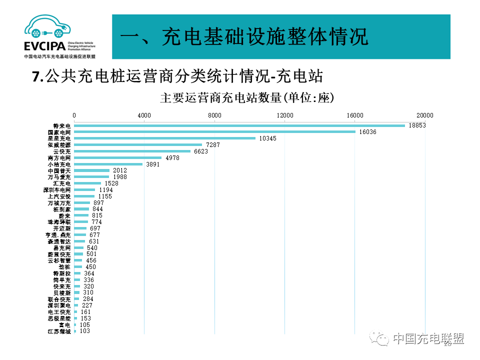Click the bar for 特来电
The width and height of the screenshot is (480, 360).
pyautogui.click(x=239, y=125)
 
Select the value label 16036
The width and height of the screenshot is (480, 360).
pyautogui.click(x=366, y=132)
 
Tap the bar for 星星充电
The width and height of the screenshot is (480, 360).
pyautogui.click(x=165, y=138)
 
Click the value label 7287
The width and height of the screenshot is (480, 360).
pyautogui.click(x=213, y=145)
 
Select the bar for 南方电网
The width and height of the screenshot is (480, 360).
pyautogui.click(x=118, y=157)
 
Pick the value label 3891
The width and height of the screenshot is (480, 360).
pyautogui.click(x=152, y=164)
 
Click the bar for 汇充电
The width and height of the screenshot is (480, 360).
pyautogui.click(x=87, y=183)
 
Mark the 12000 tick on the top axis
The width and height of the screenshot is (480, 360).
pyautogui.click(x=285, y=115)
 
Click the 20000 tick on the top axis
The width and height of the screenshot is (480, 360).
pyautogui.click(x=425, y=115)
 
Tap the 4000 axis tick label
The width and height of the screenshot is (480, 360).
pyautogui.click(x=144, y=115)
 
